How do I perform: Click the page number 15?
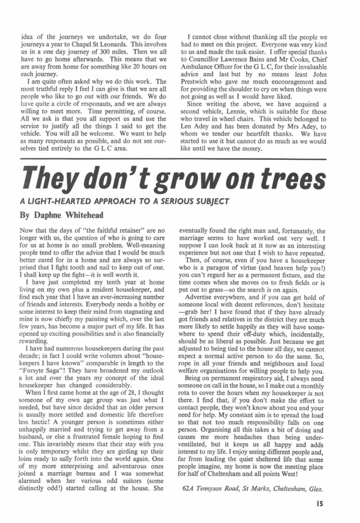pyautogui.click(x=321, y=505)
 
